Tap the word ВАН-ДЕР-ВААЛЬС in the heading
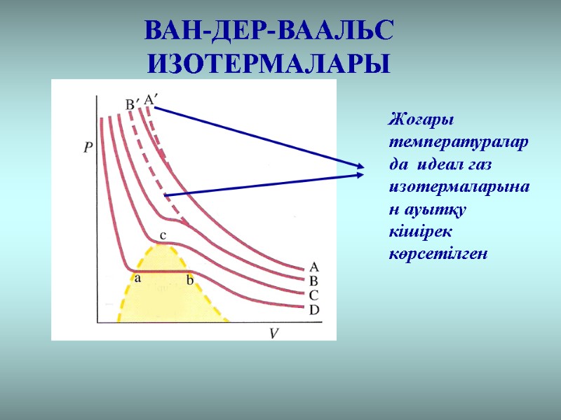(269, 31)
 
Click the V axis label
(276, 333)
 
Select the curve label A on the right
(314, 267)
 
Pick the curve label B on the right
(314, 281)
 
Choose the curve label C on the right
(314, 295)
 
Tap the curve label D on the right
(314, 309)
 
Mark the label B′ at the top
(131, 105)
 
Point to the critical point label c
(163, 235)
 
